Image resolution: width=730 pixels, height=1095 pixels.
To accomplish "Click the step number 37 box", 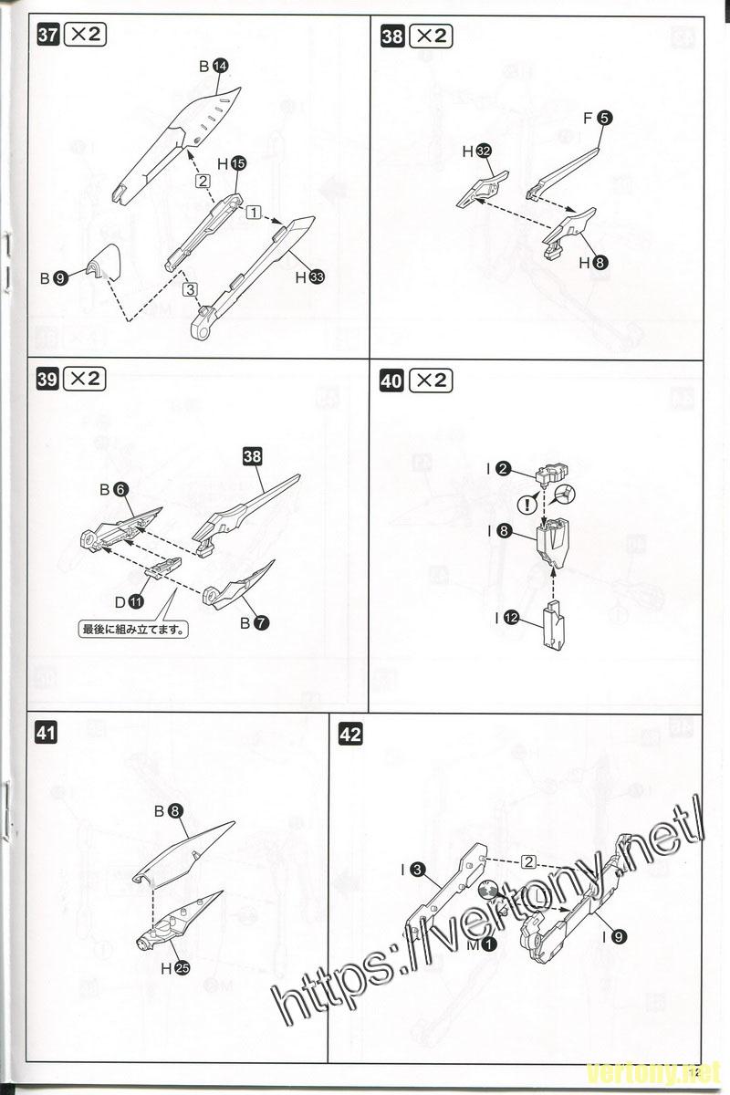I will [47, 36].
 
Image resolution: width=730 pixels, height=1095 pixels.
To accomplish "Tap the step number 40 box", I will [391, 381].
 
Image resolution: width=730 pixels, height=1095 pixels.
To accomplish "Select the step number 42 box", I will [350, 734].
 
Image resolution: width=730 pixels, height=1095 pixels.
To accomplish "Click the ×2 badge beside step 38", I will [430, 36].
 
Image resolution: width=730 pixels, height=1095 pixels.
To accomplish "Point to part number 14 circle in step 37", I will [220, 66].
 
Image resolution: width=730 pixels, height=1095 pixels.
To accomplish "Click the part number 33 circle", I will [316, 277].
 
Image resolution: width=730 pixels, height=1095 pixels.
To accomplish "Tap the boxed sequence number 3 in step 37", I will [189, 289].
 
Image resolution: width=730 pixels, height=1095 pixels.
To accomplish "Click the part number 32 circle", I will [483, 151].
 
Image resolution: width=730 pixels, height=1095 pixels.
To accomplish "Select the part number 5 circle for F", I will [605, 117].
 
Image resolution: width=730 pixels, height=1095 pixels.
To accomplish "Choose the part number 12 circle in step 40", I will [510, 618].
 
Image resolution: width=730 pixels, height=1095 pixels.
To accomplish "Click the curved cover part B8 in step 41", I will [186, 849].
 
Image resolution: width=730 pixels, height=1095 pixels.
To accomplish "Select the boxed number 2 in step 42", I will [527, 861].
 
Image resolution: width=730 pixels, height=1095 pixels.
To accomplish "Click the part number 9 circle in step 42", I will [620, 935].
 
